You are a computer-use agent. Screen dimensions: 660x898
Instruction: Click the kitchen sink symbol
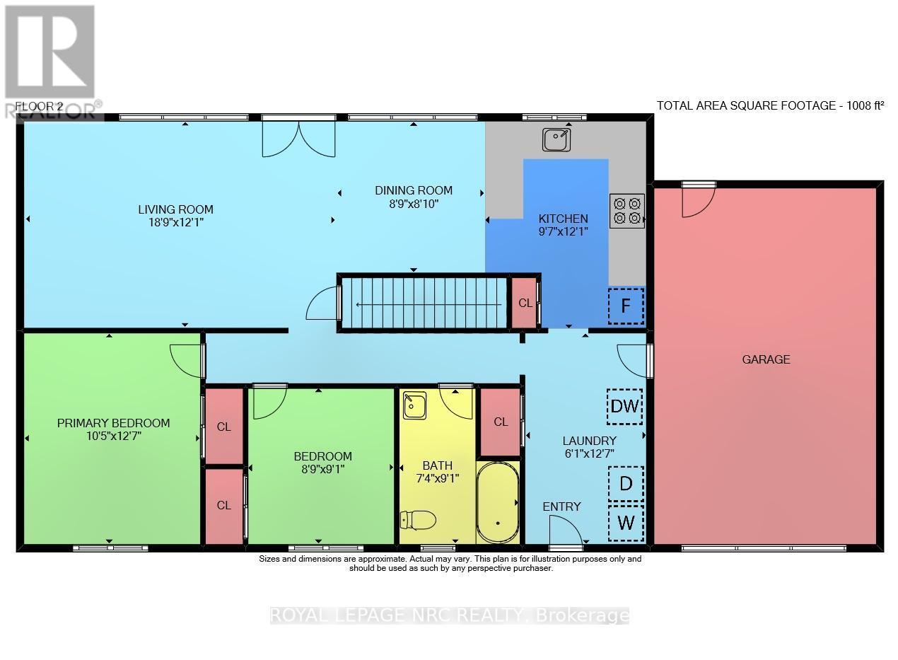tap(556, 139)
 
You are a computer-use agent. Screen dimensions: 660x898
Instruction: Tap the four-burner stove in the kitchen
tap(627, 211)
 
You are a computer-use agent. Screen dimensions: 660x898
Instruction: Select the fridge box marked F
tap(626, 306)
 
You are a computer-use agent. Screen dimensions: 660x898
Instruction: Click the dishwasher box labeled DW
tap(625, 407)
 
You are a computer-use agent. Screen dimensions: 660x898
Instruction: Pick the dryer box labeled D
tap(626, 484)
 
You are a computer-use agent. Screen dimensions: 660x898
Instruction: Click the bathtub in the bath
tap(498, 503)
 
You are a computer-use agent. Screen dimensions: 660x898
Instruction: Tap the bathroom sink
tap(413, 407)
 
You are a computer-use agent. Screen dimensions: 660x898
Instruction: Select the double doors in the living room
tap(298, 138)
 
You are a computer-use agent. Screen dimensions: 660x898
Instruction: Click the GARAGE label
tap(766, 359)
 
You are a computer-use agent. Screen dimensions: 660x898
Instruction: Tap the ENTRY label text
tap(561, 506)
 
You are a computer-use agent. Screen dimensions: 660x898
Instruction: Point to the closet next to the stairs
tap(524, 303)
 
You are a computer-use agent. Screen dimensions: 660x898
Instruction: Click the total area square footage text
tap(770, 105)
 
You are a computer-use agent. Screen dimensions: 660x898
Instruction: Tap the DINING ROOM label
tap(413, 190)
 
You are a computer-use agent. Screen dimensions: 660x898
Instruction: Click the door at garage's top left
tap(696, 200)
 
